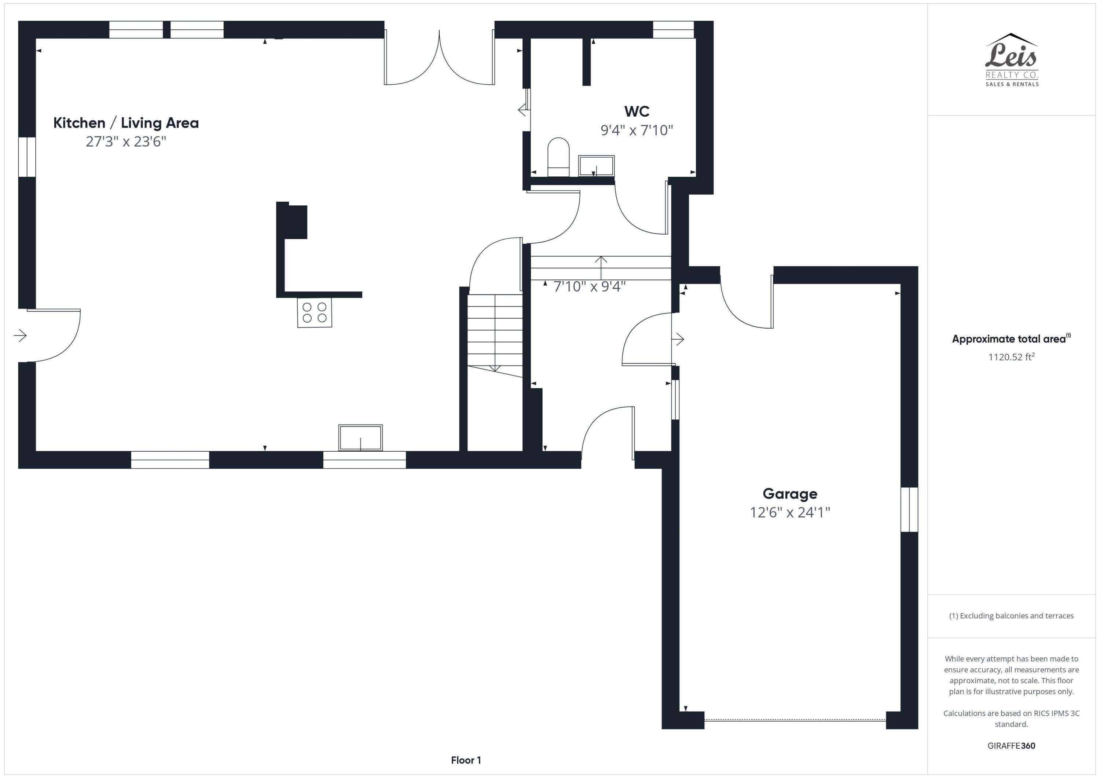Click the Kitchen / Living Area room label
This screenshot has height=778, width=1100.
coord(126,123)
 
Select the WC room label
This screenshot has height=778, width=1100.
coord(637,111)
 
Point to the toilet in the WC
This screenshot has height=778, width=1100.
coord(558,157)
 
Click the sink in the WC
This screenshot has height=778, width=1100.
coord(596,166)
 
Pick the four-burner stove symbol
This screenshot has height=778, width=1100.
coord(314,312)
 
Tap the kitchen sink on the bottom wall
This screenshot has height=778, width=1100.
coord(360,437)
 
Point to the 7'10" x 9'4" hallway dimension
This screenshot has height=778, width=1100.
coord(589,286)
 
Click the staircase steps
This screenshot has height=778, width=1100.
coord(495,335)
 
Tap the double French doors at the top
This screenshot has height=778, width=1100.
coord(439,58)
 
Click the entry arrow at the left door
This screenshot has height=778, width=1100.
coord(20,335)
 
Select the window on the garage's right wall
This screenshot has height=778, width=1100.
coord(909,510)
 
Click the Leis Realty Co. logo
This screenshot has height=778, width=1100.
coord(1012,60)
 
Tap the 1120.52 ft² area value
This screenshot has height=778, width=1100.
coord(1011,357)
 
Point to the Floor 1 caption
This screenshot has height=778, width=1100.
coord(466,760)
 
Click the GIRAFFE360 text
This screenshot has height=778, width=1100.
coord(1011,746)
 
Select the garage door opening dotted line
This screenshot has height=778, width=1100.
coord(795,720)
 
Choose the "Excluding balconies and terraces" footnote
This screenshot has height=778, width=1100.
coord(1011,616)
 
